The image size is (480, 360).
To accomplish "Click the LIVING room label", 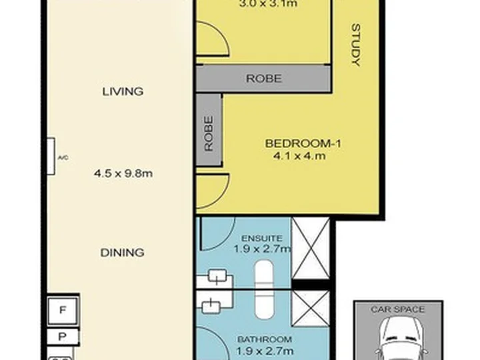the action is point(123,91).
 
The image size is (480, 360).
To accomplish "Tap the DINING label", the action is point(123,253).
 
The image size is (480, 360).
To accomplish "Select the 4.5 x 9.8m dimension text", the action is point(123,173).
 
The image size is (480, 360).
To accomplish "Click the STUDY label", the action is point(356,45).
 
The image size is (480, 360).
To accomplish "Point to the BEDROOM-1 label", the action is point(303,143).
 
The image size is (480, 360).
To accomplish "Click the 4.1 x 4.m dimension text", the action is point(299,156).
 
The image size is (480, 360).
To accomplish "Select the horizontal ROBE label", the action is point(264,79).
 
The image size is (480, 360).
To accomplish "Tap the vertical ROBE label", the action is point(209,133).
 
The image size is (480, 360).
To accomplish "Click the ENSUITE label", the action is point(262,238).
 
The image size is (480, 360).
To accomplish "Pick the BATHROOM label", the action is point(265,339).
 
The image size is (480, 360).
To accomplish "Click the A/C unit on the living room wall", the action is point(51,157).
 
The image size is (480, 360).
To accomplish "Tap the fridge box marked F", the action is point(63,311).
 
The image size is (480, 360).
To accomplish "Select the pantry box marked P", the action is point(63,337).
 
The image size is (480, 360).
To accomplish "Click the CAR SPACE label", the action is point(397,309).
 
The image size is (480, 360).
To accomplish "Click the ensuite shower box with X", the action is point(311,248).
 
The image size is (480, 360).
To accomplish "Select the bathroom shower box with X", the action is point(311,309).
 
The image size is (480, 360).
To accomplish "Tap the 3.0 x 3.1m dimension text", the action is point(268,4).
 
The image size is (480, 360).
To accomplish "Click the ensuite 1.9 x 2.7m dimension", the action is point(262,249).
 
